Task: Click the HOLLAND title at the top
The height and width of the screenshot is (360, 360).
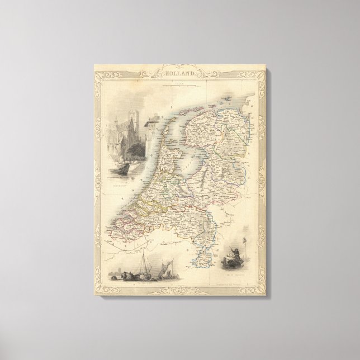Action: pyautogui.click(x=179, y=72)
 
